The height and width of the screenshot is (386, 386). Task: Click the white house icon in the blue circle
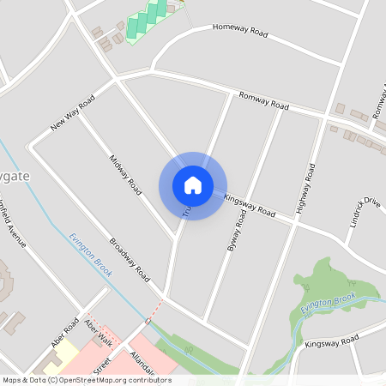[192, 184]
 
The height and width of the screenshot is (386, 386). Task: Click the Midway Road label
[124, 174]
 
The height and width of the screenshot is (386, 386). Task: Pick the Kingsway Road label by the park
[332, 343]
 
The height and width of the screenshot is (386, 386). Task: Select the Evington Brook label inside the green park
[329, 301]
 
